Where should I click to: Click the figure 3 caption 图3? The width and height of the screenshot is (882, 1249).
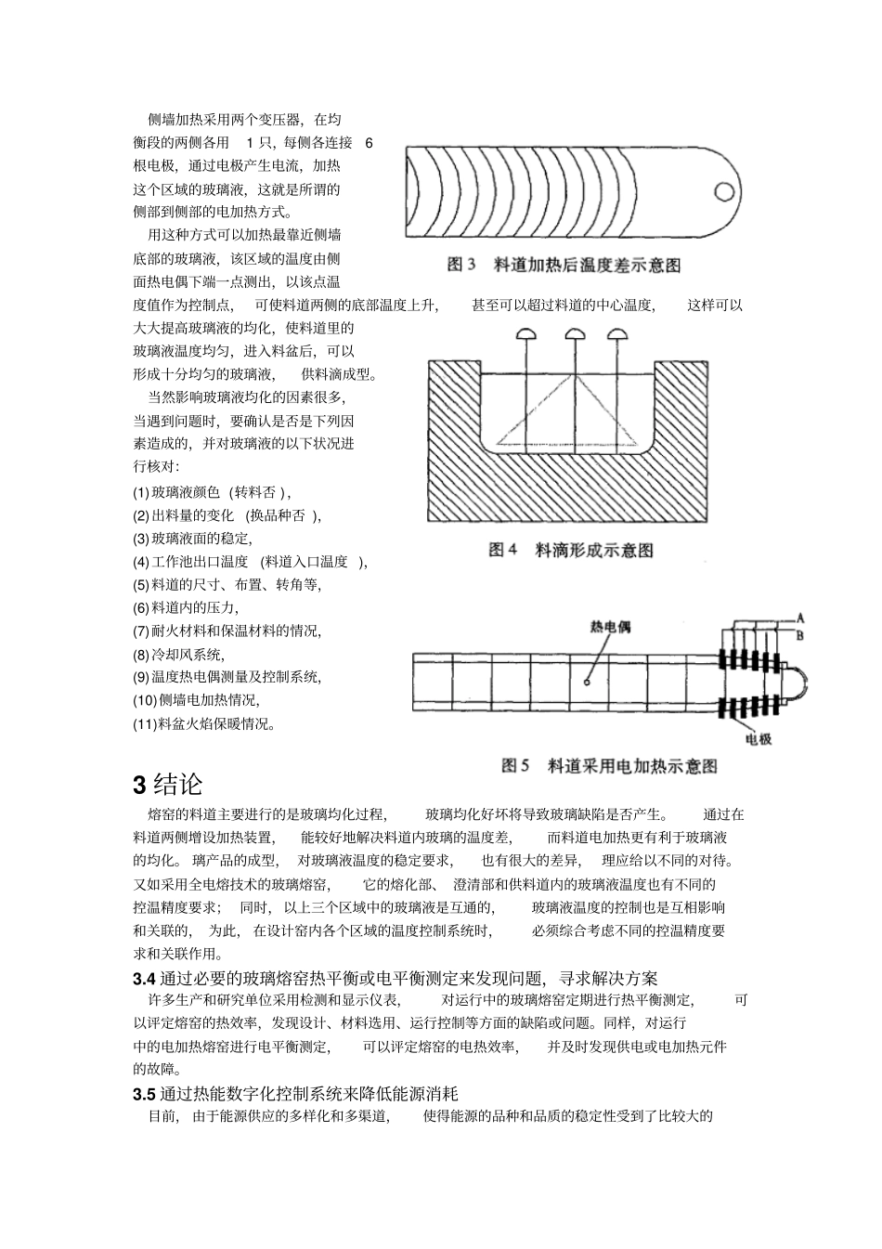461,266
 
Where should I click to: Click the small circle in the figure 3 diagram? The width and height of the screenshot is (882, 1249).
722,191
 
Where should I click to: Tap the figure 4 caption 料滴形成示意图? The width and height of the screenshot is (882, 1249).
594,551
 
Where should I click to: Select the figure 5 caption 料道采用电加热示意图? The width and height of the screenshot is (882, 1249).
632,766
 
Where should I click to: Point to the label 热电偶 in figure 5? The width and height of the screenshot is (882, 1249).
610,628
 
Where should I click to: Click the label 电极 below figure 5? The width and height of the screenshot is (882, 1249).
759,739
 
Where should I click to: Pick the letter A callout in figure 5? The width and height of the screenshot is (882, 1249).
800,618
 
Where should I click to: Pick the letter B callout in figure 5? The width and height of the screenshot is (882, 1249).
800,634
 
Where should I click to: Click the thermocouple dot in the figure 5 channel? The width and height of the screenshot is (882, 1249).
587,683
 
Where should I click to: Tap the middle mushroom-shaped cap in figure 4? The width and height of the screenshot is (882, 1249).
573,333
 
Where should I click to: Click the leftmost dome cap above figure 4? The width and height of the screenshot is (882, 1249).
525,333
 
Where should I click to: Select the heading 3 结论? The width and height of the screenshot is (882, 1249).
168,785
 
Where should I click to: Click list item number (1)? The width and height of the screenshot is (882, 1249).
141,492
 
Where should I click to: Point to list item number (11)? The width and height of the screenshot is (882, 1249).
145,723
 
